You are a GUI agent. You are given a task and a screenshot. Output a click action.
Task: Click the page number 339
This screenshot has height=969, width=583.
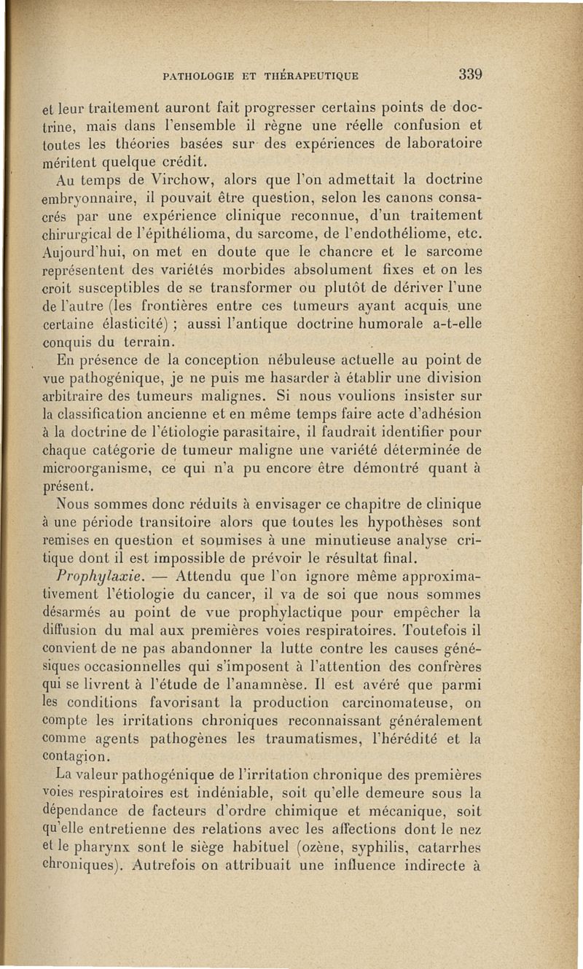(x=471, y=74)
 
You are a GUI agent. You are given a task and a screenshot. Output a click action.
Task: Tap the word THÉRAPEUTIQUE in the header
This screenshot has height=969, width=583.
(x=312, y=75)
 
